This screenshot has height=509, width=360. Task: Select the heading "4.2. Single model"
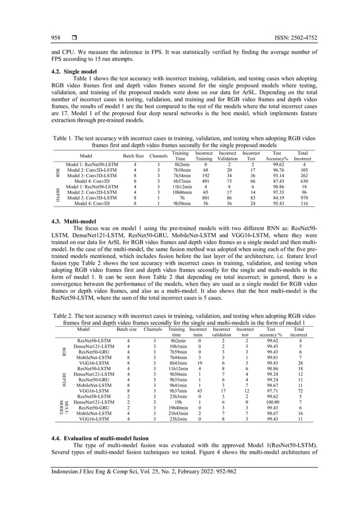coord(67,72)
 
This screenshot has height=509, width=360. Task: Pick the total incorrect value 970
coord(302,198)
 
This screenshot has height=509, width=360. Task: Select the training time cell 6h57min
coord(181,181)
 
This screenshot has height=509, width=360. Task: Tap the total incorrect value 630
coord(302,181)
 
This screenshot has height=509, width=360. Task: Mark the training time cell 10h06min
coord(181,192)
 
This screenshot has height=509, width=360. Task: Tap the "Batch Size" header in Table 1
coord(134,155)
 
